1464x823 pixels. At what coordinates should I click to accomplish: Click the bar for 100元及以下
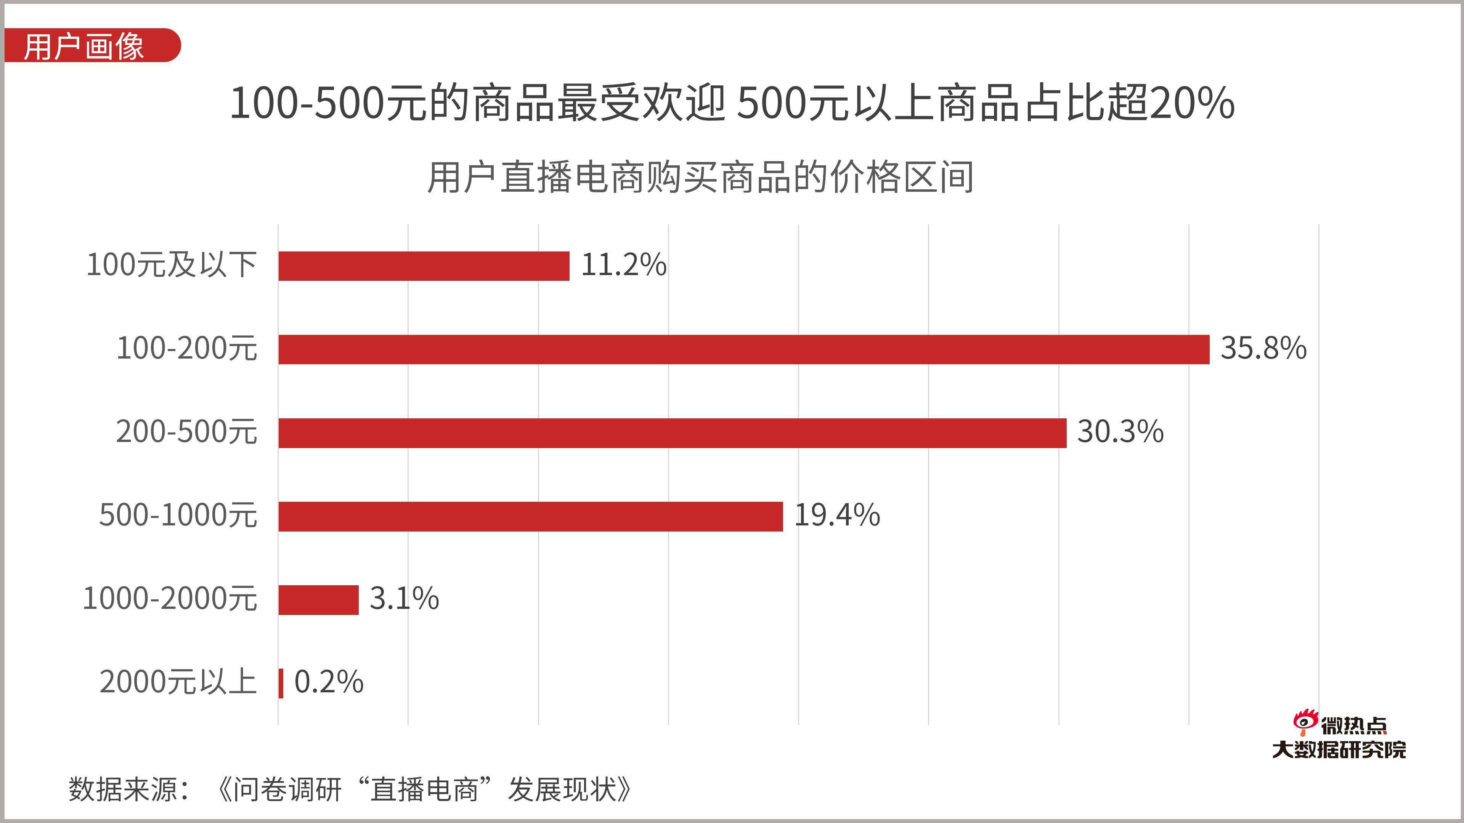[x=424, y=266]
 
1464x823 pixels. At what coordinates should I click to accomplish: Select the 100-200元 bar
[x=743, y=349]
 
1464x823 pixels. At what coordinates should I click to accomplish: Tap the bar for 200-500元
[x=672, y=433]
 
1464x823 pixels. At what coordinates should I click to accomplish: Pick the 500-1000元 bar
[x=530, y=516]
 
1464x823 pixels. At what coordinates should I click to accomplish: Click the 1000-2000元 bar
[x=318, y=600]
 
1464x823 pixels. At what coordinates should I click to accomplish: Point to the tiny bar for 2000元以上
[x=281, y=683]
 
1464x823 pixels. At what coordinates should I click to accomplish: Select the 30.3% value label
[x=1120, y=432]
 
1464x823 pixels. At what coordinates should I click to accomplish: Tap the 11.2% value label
[x=623, y=265]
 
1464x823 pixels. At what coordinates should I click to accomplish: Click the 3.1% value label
[x=404, y=599]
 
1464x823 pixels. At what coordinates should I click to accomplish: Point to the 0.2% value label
[x=329, y=682]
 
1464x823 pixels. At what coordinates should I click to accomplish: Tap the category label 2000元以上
[x=178, y=682]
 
